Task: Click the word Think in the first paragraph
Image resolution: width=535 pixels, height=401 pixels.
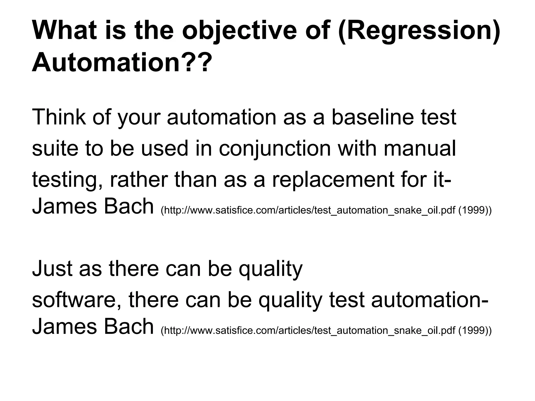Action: coord(59,117)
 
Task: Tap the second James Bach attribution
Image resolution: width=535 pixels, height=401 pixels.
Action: coord(93,327)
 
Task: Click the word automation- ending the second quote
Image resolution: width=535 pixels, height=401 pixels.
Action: coord(429,300)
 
